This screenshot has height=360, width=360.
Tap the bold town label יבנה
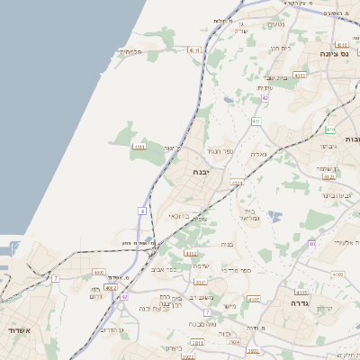pyautogui.click(x=201, y=170)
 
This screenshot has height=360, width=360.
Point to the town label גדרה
pyautogui.click(x=298, y=304)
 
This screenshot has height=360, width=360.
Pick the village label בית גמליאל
pyautogui.click(x=251, y=214)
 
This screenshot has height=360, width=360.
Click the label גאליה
pyautogui.click(x=258, y=154)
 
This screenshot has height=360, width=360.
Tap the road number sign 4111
pyautogui.click(x=139, y=146)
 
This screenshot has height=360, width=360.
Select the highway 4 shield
pyautogui.click(x=141, y=211)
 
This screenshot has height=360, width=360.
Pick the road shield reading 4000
pyautogui.click(x=99, y=272)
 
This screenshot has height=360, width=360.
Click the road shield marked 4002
pyautogui.click(x=111, y=288)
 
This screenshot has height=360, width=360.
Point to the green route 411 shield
pyautogui.click(x=256, y=120)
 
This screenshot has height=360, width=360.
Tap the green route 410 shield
pyautogui.click(x=337, y=273)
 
